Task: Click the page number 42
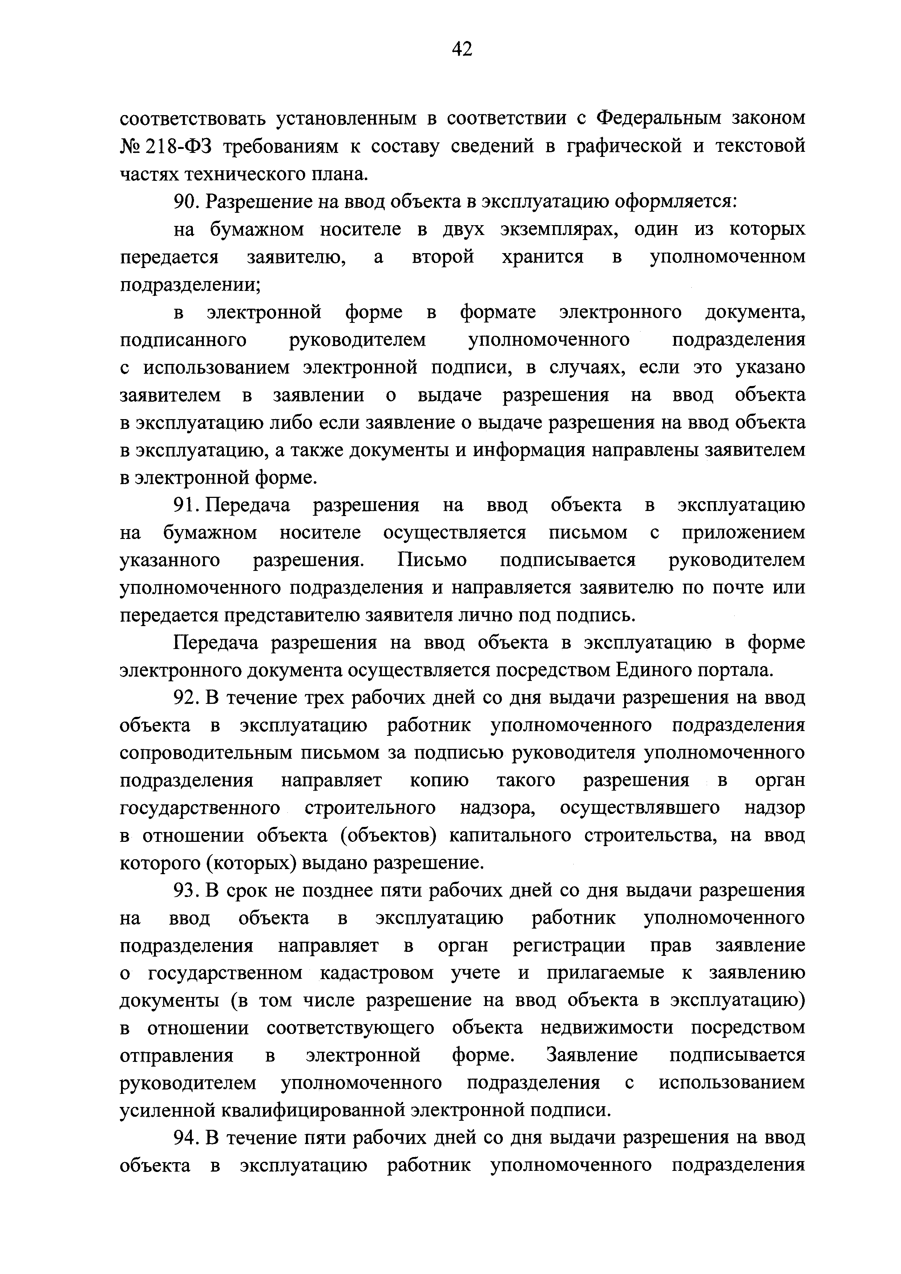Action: point(462,50)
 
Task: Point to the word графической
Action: point(623,146)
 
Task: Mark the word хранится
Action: point(542,257)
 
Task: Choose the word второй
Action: point(443,257)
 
